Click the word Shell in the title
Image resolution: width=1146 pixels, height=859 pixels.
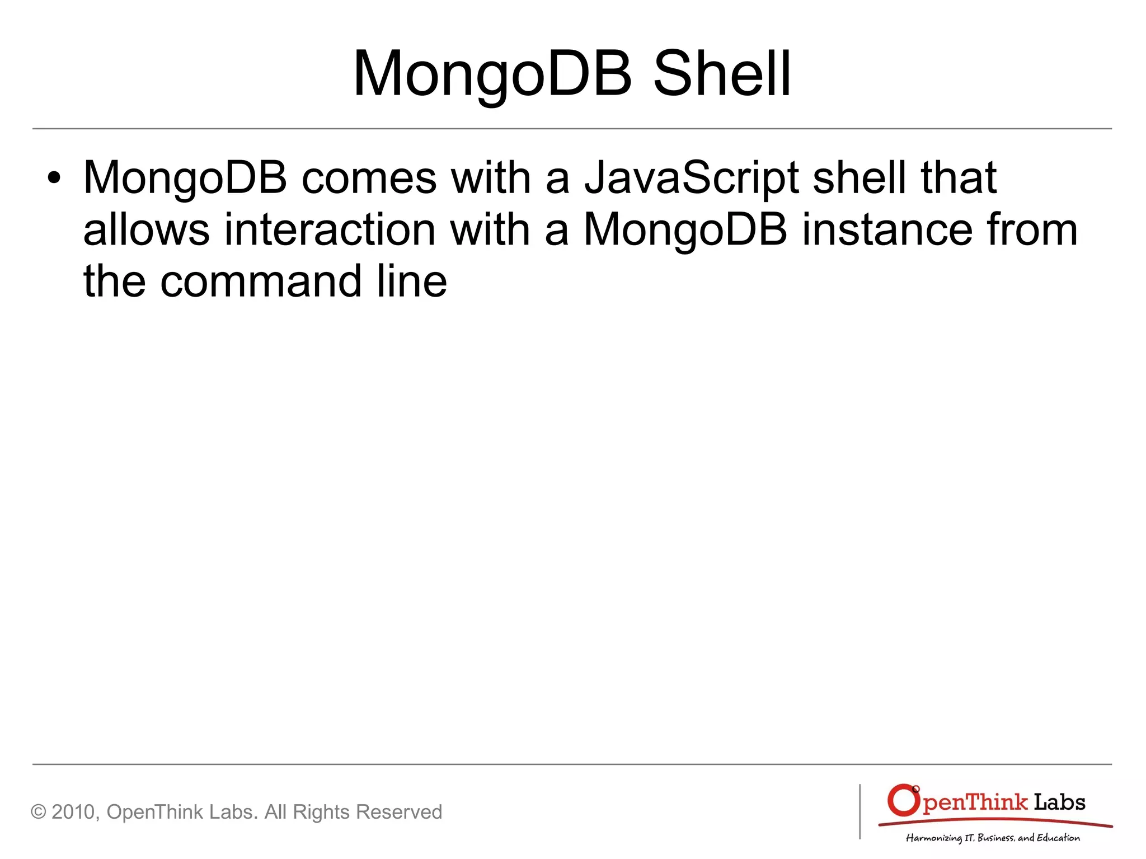(x=722, y=74)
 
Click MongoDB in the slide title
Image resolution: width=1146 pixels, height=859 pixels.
(x=492, y=74)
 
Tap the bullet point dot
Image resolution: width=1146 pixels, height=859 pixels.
(x=54, y=179)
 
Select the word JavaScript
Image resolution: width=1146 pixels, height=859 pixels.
(x=692, y=179)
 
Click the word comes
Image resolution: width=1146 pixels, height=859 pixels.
(x=369, y=179)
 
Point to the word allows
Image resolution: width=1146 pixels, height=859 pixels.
(x=146, y=230)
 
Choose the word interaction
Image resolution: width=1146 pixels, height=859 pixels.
(x=330, y=230)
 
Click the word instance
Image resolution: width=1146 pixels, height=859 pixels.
(x=887, y=230)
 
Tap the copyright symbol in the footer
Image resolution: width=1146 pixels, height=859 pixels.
(x=38, y=812)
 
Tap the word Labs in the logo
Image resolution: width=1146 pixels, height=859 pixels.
(x=1059, y=802)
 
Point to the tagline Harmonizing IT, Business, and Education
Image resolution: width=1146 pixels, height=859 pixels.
(x=993, y=838)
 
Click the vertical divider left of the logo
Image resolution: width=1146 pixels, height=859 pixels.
(x=860, y=811)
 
